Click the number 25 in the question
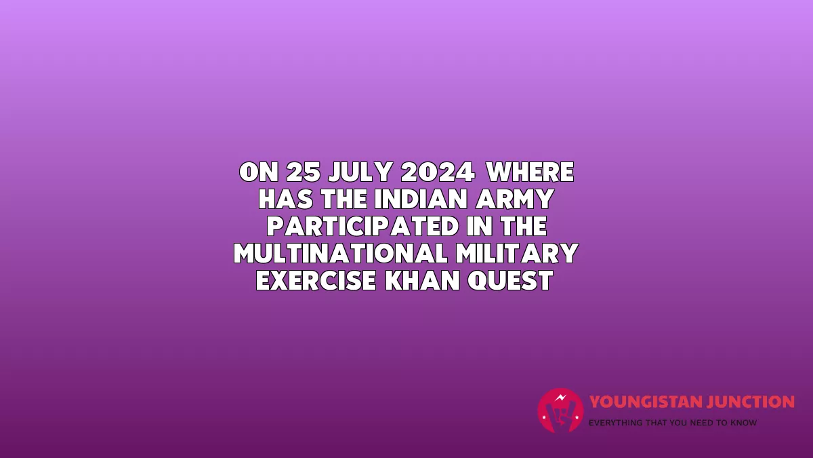point(304,172)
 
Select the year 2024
point(438,172)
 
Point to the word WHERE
point(530,172)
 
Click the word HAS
point(286,199)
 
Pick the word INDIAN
point(421,199)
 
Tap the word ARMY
point(515,199)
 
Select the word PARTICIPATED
point(363,226)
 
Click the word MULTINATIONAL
point(340,253)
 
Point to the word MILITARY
point(517,253)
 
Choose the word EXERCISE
point(316,281)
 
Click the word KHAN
point(423,281)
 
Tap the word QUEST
point(511,281)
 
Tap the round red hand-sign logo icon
point(561,411)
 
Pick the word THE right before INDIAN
point(344,199)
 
